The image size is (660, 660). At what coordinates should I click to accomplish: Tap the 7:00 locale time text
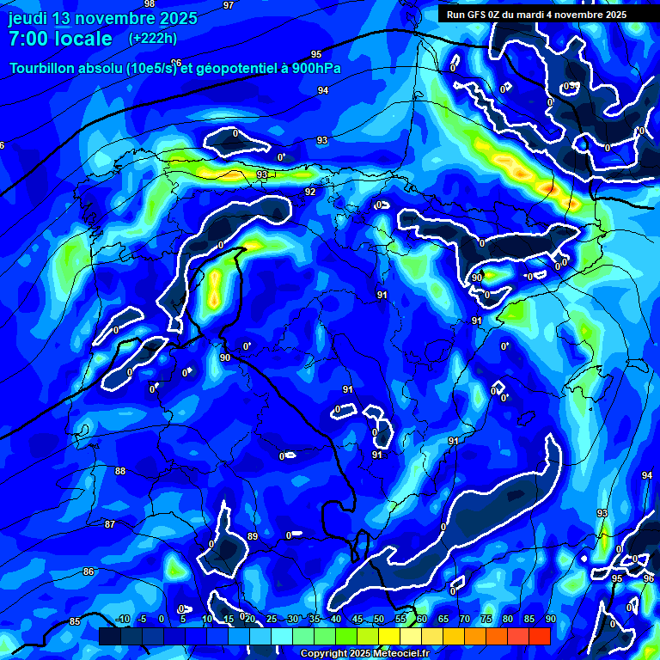[x=60, y=39]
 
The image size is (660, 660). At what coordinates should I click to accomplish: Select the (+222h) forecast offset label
[x=153, y=39]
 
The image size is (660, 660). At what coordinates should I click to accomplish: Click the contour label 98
[x=150, y=4]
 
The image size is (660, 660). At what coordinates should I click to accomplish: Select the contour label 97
[x=228, y=5]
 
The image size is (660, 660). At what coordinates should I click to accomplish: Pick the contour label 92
[x=309, y=192]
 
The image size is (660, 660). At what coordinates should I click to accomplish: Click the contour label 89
[x=253, y=536]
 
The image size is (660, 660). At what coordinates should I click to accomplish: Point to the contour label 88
[x=120, y=471]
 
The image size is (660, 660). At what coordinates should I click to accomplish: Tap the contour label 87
[x=109, y=524]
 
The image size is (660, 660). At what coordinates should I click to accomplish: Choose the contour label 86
[x=89, y=571]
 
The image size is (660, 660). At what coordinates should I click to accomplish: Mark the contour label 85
[x=75, y=621]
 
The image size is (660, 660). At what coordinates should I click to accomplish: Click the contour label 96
[x=648, y=579]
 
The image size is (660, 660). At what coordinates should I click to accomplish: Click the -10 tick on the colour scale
[x=123, y=619]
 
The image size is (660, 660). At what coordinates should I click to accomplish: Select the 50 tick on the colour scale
[x=379, y=619]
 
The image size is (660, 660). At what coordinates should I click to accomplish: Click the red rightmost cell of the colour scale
[x=540, y=636]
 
